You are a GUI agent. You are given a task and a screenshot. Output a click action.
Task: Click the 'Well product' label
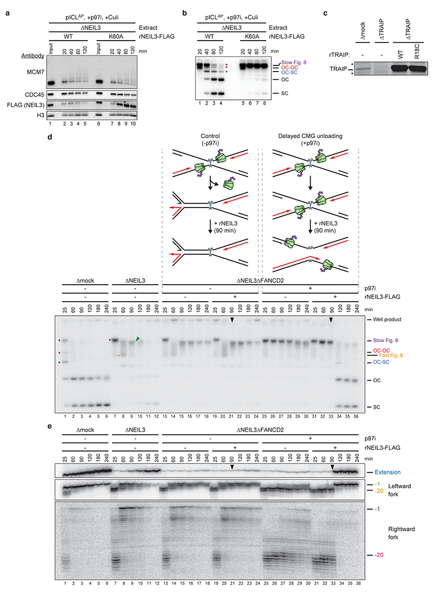383,320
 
